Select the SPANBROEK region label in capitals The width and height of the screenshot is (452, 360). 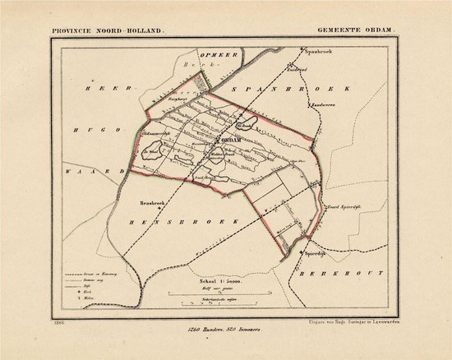298,86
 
